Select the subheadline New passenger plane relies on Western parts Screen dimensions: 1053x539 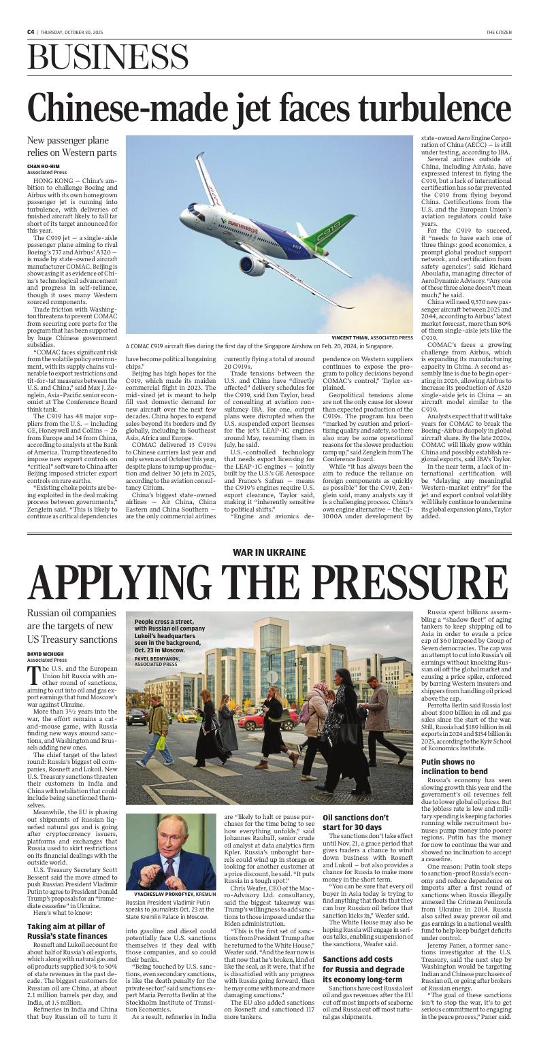pos(71,146)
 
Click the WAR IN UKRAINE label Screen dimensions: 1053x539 pos(269,552)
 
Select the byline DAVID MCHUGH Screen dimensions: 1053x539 pos(44,654)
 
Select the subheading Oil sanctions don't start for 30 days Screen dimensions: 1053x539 pos(355,822)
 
